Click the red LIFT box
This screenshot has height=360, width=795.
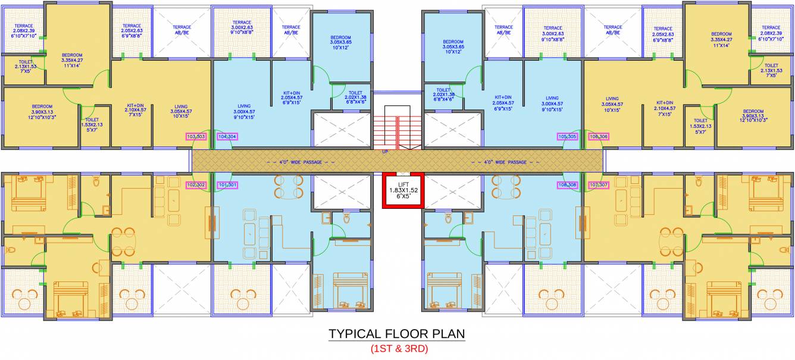pyautogui.click(x=403, y=190)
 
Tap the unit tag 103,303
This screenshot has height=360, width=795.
pyautogui.click(x=196, y=137)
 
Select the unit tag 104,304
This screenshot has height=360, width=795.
pyautogui.click(x=227, y=137)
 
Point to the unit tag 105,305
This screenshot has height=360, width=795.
pyautogui.click(x=568, y=137)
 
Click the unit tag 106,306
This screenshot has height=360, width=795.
pyautogui.click(x=599, y=137)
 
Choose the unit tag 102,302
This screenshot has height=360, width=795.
pyautogui.click(x=196, y=185)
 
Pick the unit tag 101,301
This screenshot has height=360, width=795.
pyautogui.click(x=227, y=185)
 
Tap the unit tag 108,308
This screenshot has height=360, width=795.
pyautogui.click(x=568, y=185)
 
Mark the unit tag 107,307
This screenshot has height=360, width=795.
pyautogui.click(x=599, y=185)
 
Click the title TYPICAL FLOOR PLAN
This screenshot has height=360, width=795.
pyautogui.click(x=397, y=334)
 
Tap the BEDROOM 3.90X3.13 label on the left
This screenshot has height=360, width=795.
pyautogui.click(x=42, y=111)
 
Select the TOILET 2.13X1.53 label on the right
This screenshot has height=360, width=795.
pyautogui.click(x=771, y=70)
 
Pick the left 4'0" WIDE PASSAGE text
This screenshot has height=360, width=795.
pyautogui.click(x=301, y=161)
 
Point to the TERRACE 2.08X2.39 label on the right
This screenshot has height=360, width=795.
pyautogui.click(x=771, y=33)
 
